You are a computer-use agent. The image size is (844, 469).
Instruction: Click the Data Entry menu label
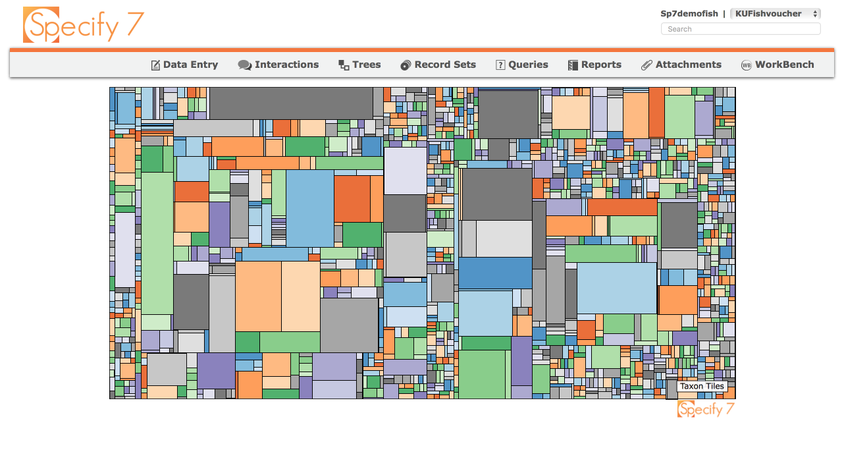tap(190, 65)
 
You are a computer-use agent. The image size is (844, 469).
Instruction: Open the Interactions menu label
tap(286, 65)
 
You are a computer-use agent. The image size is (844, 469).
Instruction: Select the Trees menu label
tap(366, 65)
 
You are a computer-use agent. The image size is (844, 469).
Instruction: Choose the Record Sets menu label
tap(445, 65)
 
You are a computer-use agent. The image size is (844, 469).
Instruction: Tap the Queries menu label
tap(528, 65)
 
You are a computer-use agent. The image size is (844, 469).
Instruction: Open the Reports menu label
tap(601, 65)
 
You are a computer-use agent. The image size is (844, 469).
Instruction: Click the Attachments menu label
tap(688, 65)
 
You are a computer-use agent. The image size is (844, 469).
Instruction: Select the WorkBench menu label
tap(784, 65)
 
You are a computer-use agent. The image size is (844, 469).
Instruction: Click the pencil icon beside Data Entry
tap(155, 65)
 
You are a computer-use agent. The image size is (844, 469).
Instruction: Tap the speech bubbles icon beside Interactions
tap(245, 65)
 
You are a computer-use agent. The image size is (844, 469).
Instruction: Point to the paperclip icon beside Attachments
tap(646, 65)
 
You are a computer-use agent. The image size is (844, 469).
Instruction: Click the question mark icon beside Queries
tap(500, 65)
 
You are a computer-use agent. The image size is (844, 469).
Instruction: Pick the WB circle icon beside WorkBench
tap(747, 65)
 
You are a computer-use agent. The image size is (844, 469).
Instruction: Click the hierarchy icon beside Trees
tap(344, 65)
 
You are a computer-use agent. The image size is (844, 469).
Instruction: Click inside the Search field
tap(741, 29)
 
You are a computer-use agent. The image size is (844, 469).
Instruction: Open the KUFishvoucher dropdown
tap(776, 14)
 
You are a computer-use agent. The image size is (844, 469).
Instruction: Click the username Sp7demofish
tap(689, 14)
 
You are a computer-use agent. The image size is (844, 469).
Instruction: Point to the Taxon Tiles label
tap(702, 387)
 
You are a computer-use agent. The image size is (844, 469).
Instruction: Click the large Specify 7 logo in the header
tap(84, 25)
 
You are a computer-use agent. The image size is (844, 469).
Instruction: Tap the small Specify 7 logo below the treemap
tap(706, 409)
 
